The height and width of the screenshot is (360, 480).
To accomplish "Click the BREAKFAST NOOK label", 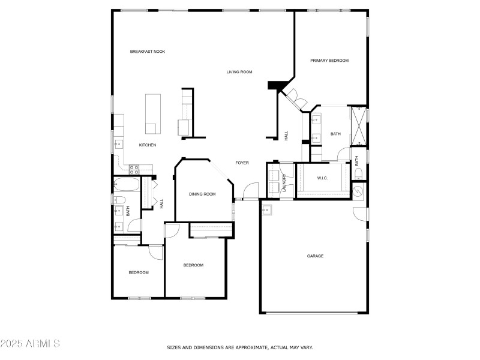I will pyautogui.click(x=147, y=52).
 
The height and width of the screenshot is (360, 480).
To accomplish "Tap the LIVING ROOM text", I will pyautogui.click(x=239, y=72).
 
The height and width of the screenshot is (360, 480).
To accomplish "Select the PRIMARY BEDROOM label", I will pyautogui.click(x=329, y=61).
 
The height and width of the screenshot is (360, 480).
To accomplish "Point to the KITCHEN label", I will pyautogui.click(x=148, y=145).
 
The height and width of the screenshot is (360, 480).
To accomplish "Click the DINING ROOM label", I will pyautogui.click(x=202, y=194).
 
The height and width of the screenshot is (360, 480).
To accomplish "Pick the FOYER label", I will pyautogui.click(x=242, y=163).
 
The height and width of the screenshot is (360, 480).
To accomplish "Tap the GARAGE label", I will pyautogui.click(x=315, y=256).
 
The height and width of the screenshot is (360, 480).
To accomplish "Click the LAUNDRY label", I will pyautogui.click(x=284, y=183).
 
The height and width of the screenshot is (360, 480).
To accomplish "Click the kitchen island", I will pyautogui.click(x=153, y=114).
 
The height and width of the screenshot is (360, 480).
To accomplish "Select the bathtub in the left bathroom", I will pyautogui.click(x=127, y=185).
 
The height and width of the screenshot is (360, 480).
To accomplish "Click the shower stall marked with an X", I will pyautogui.click(x=358, y=126).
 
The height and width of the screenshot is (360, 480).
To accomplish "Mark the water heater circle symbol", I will pyautogui.click(x=359, y=191).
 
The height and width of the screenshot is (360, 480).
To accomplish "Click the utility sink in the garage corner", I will pyautogui.click(x=267, y=209).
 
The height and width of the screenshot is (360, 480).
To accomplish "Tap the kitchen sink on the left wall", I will pyautogui.click(x=118, y=145).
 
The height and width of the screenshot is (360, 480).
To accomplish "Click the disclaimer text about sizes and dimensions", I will pyautogui.click(x=239, y=347).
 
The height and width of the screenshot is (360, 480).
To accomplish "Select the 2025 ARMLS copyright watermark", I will pyautogui.click(x=30, y=344).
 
